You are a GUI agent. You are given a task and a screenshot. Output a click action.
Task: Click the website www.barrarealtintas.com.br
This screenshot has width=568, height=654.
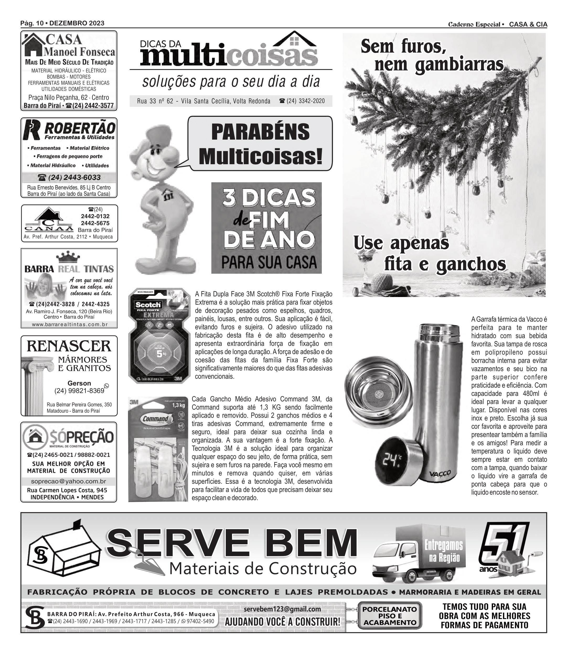click(70, 325)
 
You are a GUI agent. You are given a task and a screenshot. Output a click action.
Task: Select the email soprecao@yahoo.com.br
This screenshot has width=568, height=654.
click(69, 481)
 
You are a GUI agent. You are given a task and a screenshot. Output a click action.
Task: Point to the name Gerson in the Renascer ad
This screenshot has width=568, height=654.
click(79, 383)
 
